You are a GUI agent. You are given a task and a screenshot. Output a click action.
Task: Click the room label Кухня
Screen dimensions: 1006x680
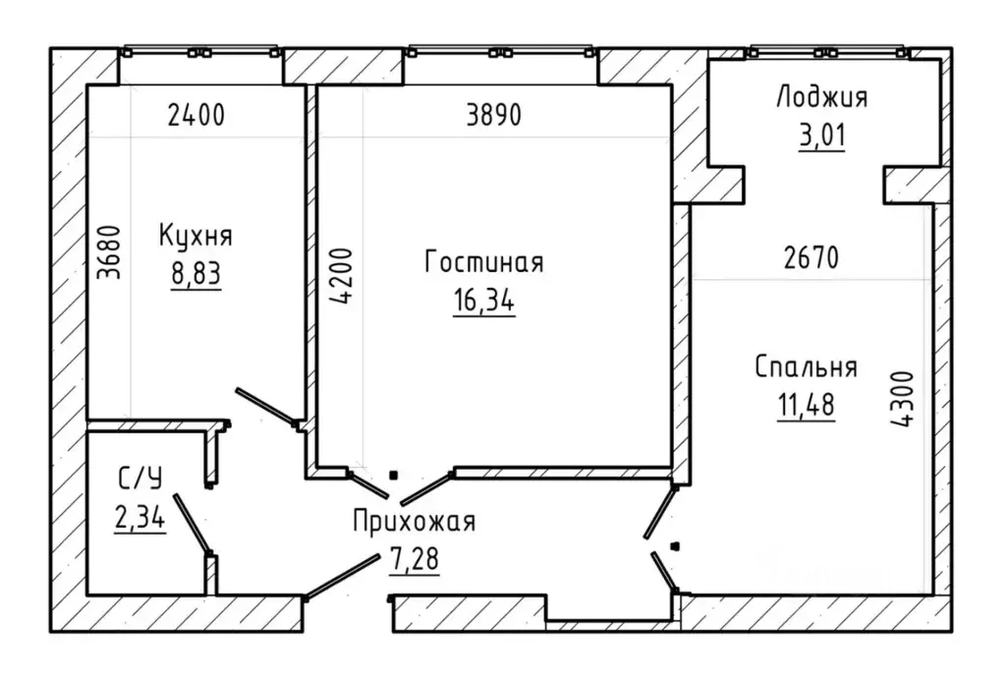[x=196, y=237]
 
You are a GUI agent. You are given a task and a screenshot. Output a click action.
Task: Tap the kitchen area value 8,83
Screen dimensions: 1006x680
[x=196, y=274]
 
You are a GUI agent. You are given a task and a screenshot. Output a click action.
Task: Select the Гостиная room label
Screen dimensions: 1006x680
[x=484, y=262]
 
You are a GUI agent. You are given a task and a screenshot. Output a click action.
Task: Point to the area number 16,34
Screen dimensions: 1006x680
[x=484, y=301]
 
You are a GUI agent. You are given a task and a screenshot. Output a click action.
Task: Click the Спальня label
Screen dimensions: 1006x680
[x=807, y=368]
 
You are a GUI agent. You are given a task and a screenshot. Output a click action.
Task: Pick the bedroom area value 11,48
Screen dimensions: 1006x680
[x=807, y=406]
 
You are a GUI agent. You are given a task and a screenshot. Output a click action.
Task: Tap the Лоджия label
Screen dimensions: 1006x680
[x=822, y=98]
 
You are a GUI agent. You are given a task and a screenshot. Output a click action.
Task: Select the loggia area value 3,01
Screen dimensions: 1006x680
[x=822, y=136]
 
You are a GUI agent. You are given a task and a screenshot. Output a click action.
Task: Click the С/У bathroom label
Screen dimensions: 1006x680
[x=140, y=479]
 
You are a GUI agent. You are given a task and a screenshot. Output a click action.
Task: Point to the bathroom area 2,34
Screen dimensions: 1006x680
[x=140, y=517]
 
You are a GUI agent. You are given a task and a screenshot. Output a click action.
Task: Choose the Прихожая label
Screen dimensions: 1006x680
[x=415, y=522]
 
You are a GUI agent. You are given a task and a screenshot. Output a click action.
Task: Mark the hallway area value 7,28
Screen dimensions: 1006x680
[x=415, y=559]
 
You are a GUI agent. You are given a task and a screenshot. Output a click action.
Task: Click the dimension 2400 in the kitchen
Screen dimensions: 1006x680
[x=196, y=116]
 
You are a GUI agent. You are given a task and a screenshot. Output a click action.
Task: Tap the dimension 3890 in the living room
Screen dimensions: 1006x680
[x=494, y=116]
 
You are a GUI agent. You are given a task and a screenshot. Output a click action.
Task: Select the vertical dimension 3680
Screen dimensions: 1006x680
[x=109, y=253]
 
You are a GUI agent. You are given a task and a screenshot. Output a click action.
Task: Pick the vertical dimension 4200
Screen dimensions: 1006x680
[x=341, y=276]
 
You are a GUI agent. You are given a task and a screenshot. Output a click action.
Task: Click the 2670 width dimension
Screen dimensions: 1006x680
[x=811, y=257]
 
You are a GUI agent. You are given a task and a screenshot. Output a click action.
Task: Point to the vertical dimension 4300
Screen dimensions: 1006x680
[x=902, y=399]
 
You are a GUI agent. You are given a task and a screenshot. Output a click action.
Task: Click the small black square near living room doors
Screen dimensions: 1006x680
[x=394, y=476]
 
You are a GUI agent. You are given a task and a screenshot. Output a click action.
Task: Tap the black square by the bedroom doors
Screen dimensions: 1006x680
[x=674, y=546]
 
